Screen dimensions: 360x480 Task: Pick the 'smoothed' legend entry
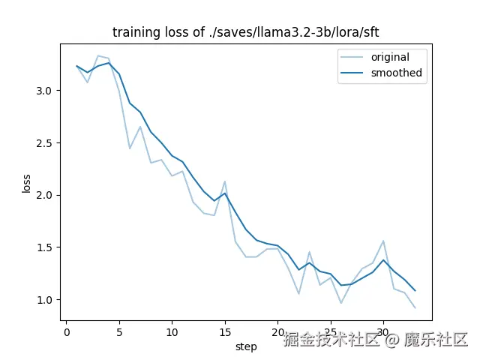pos(396,73)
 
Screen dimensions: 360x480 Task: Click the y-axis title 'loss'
pos(27,183)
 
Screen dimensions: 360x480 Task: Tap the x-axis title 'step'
pos(246,346)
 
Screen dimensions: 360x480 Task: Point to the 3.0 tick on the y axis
pos(45,91)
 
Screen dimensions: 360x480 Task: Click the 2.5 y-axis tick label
pos(45,142)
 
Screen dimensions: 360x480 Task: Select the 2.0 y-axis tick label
pos(45,195)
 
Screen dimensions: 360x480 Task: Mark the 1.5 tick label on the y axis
pos(45,247)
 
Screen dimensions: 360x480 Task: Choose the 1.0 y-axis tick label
pos(45,300)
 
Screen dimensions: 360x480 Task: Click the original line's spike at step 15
pos(225,181)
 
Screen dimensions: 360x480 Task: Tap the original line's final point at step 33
pos(415,307)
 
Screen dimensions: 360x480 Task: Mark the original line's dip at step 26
pos(341,303)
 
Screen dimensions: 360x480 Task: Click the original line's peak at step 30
pos(383,241)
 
